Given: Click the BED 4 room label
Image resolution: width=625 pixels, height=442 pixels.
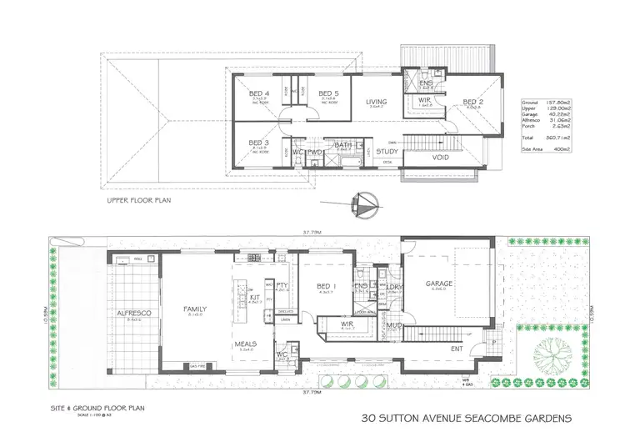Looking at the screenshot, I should (x=259, y=93).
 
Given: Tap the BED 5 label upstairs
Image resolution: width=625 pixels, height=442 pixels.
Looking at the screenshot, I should (x=327, y=93).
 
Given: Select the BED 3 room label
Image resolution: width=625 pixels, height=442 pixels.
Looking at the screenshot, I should (x=259, y=143).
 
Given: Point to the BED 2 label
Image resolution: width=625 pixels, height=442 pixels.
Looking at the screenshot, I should (x=474, y=103).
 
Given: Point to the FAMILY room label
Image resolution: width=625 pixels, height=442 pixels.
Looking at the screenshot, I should (x=195, y=309).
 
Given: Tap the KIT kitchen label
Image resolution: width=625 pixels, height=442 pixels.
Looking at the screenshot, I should (x=255, y=297).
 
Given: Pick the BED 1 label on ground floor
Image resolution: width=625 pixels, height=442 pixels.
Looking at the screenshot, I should (x=324, y=287).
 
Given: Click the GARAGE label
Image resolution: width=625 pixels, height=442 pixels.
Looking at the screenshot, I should (x=439, y=284).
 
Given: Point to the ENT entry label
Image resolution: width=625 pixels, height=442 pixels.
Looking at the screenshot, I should (x=457, y=349).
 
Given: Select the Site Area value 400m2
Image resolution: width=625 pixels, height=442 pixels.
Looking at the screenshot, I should (x=561, y=149).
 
